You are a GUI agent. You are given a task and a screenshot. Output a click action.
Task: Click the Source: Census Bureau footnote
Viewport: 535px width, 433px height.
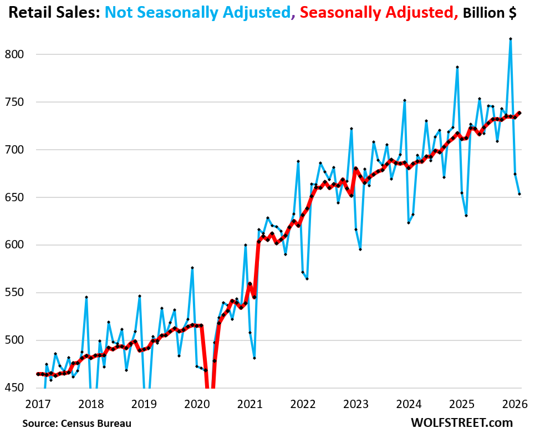[x=77, y=423]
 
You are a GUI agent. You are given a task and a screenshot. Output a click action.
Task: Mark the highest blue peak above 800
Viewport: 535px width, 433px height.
[x=510, y=39]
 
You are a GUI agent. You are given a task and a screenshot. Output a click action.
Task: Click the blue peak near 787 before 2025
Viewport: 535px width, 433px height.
[x=457, y=67]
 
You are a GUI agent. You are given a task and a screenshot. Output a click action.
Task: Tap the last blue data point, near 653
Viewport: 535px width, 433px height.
[x=519, y=194]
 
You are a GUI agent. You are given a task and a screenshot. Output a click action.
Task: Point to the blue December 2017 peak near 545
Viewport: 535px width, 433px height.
[x=86, y=297]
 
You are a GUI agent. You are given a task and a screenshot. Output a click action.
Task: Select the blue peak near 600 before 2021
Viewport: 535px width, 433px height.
[x=245, y=245]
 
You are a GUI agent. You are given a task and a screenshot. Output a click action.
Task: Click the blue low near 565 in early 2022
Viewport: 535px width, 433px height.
[x=307, y=278]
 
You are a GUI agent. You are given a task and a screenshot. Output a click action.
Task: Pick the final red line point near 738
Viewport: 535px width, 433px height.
[x=519, y=113]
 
